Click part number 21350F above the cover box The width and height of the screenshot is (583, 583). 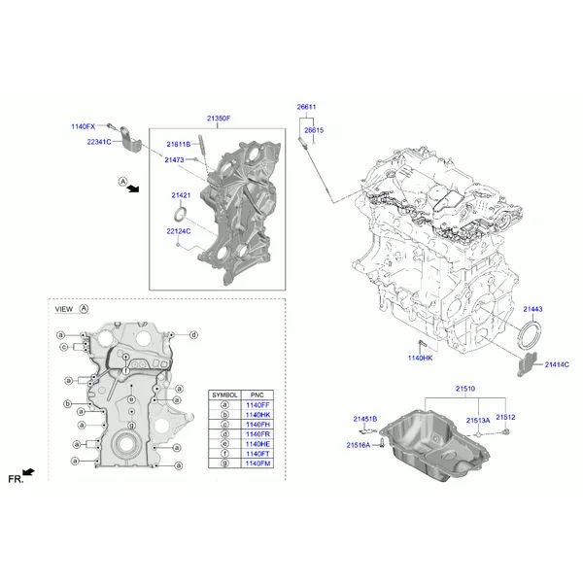(x=219, y=119)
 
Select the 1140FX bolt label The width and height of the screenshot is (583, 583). (x=84, y=126)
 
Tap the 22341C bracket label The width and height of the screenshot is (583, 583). (x=99, y=142)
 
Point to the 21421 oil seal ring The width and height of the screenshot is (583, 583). (x=181, y=216)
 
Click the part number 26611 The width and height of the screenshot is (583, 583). (x=306, y=107)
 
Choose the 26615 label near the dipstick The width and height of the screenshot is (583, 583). (x=314, y=130)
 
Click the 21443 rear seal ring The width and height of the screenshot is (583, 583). (x=530, y=337)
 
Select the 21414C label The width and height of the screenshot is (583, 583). (x=557, y=364)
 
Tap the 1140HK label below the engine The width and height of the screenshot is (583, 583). (x=420, y=358)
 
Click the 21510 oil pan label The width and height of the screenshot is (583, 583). (x=465, y=389)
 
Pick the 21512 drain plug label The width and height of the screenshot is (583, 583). (x=505, y=417)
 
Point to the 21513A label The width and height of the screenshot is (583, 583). (x=478, y=421)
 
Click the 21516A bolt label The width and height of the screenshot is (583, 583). (x=359, y=445)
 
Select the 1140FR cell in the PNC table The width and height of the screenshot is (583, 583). (x=257, y=434)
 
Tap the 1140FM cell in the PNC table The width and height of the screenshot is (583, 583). (x=257, y=463)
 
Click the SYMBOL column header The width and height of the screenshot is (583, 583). (x=224, y=394)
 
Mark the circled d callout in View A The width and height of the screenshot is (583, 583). (x=193, y=335)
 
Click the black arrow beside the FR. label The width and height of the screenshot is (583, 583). (x=28, y=472)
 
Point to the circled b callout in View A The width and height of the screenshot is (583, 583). (x=67, y=404)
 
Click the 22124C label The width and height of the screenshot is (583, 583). (x=179, y=231)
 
